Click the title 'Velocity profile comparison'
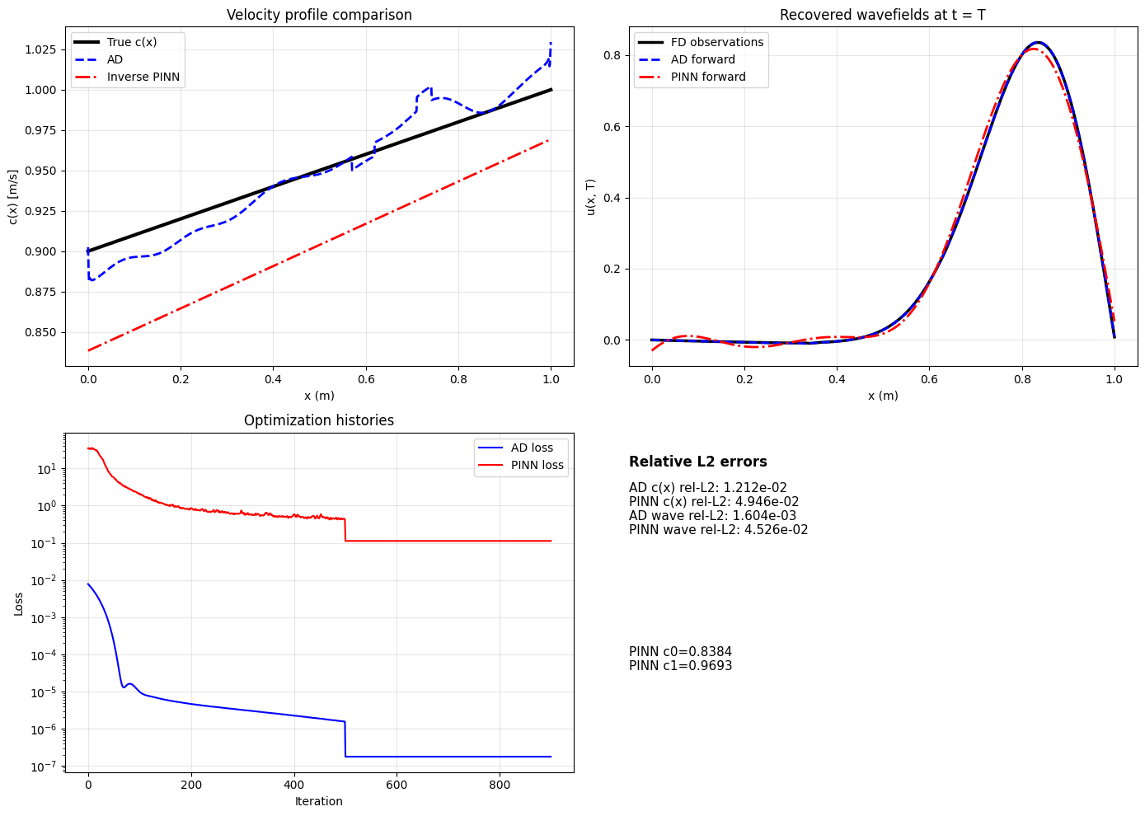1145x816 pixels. click(319, 15)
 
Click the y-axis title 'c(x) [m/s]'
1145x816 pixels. click(12, 197)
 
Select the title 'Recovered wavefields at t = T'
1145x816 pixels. click(882, 15)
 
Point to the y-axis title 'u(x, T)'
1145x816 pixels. click(590, 197)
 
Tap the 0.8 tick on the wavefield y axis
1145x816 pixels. click(611, 56)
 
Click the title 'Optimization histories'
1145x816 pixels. click(319, 420)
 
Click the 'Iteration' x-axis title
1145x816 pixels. click(319, 801)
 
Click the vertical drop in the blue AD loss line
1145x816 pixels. click(345, 739)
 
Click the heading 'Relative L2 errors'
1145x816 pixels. click(697, 462)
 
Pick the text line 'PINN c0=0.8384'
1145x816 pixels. click(680, 652)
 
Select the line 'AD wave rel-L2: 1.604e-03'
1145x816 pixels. click(712, 516)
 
